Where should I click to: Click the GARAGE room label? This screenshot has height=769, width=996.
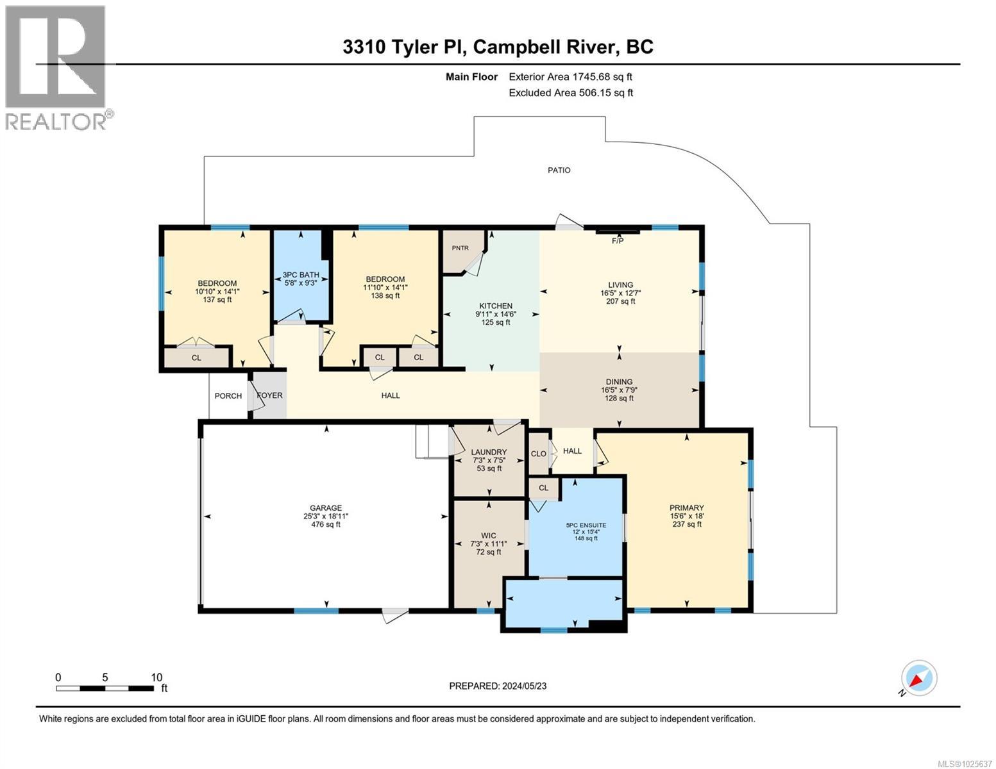[x=326, y=508]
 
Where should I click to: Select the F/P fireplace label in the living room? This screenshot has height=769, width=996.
[x=618, y=241]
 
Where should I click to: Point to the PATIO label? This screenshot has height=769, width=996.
[x=559, y=170]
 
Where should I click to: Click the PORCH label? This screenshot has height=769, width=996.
[x=228, y=395]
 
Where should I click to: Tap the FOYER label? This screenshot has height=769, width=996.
[x=269, y=395]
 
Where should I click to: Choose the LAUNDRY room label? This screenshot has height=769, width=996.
[x=489, y=452]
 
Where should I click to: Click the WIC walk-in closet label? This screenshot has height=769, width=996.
[x=488, y=536]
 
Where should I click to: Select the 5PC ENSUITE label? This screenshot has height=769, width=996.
[x=586, y=525]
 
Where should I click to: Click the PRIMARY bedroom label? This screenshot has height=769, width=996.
[x=686, y=508]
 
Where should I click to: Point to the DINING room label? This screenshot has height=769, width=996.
[x=618, y=381]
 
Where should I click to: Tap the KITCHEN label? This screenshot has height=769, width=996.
[x=496, y=306]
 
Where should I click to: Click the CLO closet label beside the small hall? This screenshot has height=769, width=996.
[x=538, y=454]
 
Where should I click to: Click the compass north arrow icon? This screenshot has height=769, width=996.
[x=918, y=679]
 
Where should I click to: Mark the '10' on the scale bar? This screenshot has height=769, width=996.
[x=156, y=677]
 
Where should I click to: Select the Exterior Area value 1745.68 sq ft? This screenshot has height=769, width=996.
[x=602, y=77]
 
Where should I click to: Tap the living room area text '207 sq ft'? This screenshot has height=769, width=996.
[x=620, y=301]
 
